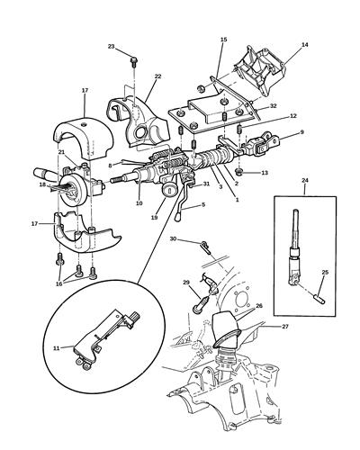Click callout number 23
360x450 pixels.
pos(112,46)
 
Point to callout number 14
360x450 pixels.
pos(304,44)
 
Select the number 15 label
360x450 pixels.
pos(224,40)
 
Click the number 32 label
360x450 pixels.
pos(272,106)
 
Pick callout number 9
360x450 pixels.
pos(301,132)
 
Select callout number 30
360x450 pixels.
pos(174,239)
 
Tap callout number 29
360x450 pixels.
pos(187,283)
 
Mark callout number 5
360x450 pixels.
pos(202,205)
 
